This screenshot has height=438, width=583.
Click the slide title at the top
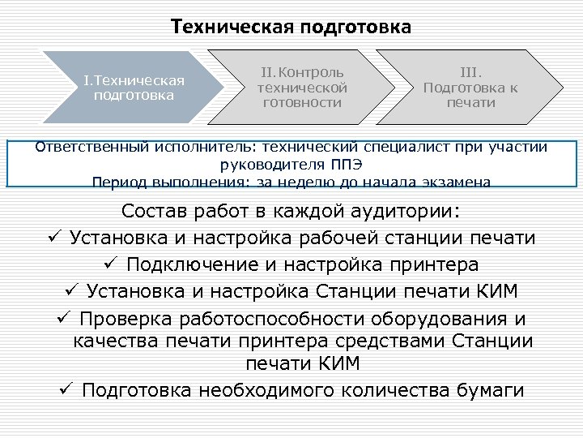tap(291, 27)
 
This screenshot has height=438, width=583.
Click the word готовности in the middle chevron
tap(302, 102)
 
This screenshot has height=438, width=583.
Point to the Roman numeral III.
tap(470, 74)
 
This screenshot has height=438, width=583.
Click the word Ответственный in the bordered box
tap(83, 148)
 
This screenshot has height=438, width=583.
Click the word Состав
tap(154, 213)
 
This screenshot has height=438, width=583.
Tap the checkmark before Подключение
tap(112, 265)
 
